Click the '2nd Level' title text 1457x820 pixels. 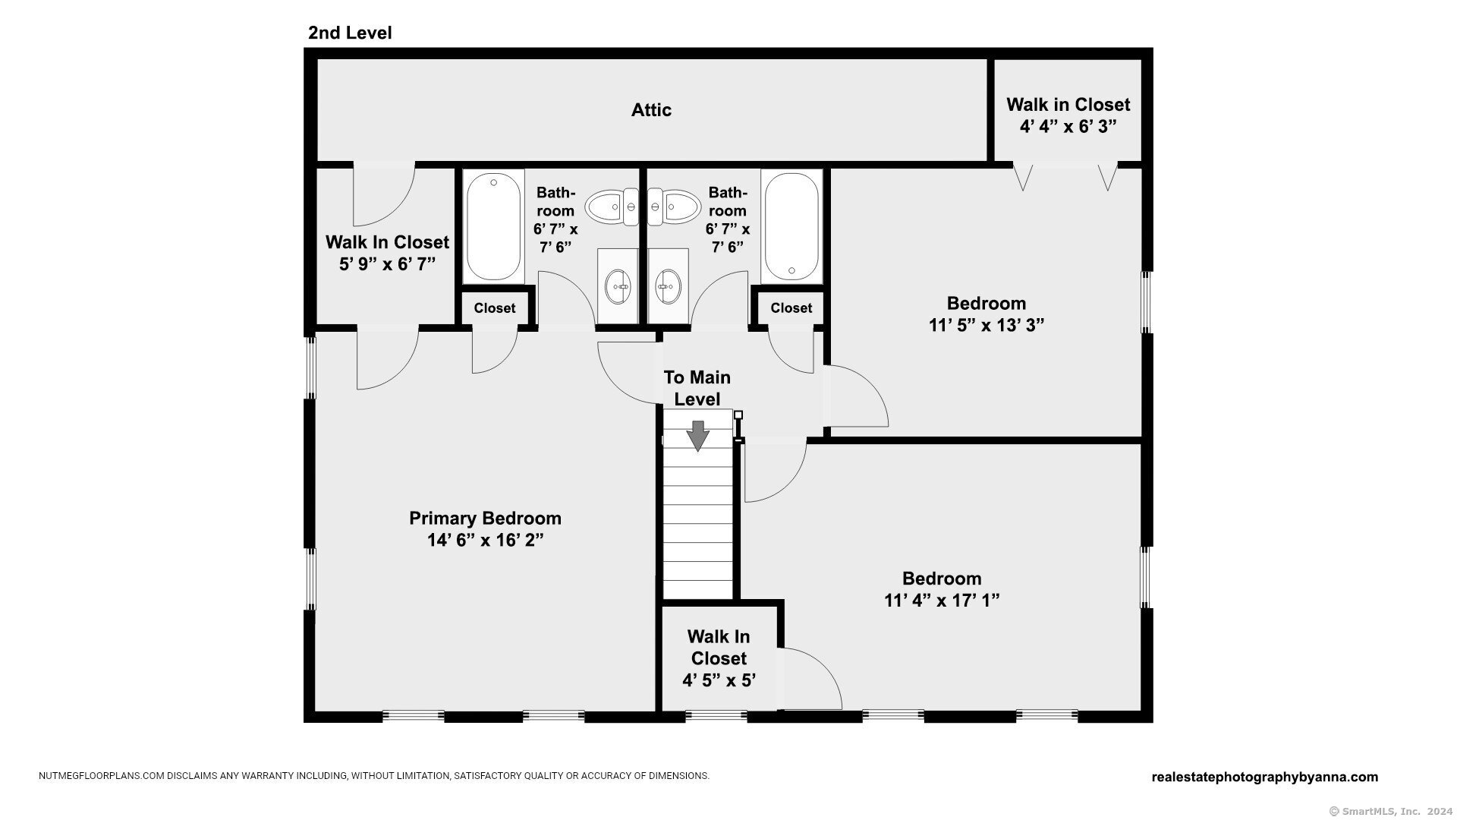coord(350,33)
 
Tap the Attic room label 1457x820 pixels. coord(651,110)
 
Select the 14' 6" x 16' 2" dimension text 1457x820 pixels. coord(486,540)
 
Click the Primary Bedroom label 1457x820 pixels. coord(486,518)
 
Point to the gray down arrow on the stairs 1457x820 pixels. coord(697,436)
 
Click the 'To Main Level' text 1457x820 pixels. coord(697,388)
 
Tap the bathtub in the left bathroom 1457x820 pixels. coord(494,225)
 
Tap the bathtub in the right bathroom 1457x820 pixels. coord(791,225)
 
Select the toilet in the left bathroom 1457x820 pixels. coord(612,207)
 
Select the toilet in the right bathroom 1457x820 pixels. coord(672,207)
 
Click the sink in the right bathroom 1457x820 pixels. coord(669,286)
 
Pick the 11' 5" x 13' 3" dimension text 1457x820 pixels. coord(987,325)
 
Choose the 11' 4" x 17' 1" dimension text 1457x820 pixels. coord(942,600)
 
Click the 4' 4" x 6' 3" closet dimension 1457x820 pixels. coord(1068,126)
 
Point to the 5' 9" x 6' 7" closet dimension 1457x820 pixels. coord(388,263)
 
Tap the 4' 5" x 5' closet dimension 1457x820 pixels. coord(719,680)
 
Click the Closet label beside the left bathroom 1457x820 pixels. coord(495,308)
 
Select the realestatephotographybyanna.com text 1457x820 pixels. coord(1265,777)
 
